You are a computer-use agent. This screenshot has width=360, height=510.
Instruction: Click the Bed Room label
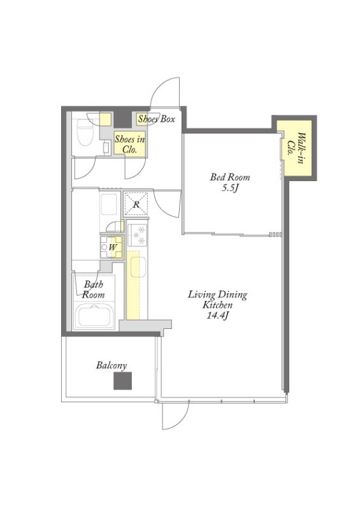pos(229,177)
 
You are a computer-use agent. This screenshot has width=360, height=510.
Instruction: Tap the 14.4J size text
pos(216,315)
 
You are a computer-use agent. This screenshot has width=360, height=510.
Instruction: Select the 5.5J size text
pos(231,188)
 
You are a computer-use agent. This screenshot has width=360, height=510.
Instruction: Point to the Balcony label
pos(112,365)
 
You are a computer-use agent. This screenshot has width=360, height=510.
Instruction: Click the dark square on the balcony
pos(122,381)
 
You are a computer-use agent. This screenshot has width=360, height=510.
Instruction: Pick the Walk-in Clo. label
pos(296,148)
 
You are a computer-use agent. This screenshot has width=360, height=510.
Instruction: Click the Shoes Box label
pos(156,119)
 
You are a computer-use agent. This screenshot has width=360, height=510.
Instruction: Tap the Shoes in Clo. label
pos(129,145)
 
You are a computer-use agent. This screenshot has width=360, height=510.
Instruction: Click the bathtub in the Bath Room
pos(94,316)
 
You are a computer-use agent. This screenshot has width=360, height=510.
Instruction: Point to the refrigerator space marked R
pos(136,204)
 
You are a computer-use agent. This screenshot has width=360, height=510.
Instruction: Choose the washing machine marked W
pos(112,247)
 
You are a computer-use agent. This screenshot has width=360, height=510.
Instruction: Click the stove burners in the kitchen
pos(138,235)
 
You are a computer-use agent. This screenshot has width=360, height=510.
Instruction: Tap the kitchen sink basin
pos(138,267)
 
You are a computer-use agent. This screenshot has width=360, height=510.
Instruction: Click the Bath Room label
pos(94,289)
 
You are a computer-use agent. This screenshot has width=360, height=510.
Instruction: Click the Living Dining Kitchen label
pos(217,300)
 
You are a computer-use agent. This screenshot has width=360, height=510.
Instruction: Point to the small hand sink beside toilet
pos(106,147)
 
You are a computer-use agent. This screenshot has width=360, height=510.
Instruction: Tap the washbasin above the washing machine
pos(109,204)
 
